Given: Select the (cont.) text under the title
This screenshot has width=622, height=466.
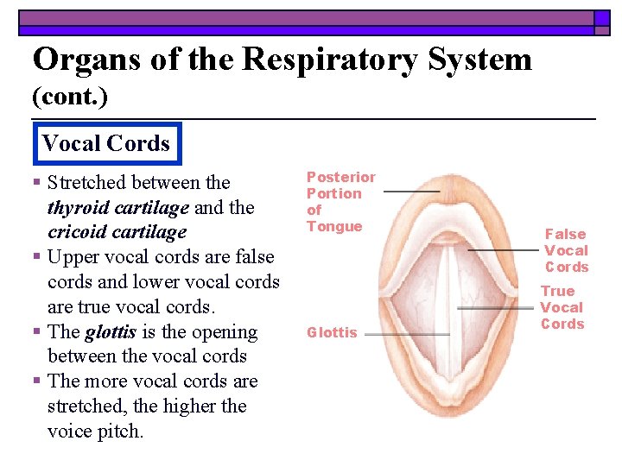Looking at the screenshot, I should [70, 98].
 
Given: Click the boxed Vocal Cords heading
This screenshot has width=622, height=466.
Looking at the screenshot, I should [105, 143].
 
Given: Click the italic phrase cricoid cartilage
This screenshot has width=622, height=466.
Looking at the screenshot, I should [117, 232].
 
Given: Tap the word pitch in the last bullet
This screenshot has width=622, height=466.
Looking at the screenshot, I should [122, 431].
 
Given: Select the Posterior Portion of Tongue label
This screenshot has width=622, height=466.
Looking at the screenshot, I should [341, 202].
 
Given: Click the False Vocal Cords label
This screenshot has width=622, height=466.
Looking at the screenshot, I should [566, 250].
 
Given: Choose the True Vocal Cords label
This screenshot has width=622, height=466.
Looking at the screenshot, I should [562, 307].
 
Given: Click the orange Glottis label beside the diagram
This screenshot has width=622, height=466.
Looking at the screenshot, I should [332, 333].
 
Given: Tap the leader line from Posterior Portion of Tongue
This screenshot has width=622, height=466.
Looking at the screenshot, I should [411, 191].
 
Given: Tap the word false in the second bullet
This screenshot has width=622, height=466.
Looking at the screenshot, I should [248, 257].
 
